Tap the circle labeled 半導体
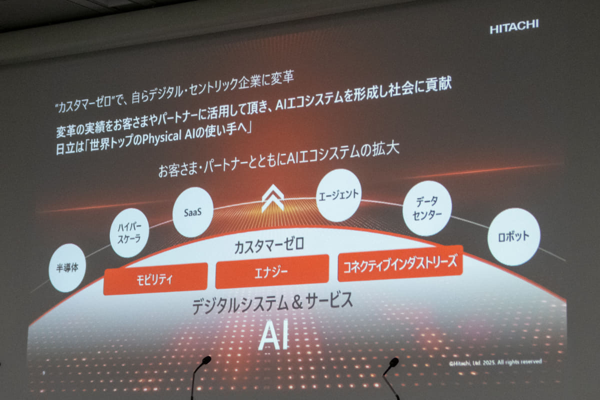coord(67,267)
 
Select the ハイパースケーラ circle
coord(129,233)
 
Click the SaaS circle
coord(193,212)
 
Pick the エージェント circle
coord(338,195)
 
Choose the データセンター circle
coord(427,208)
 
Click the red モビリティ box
coord(155,279)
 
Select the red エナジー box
coord(272,271)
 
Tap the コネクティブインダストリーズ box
coord(400,263)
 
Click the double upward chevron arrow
coord(272,198)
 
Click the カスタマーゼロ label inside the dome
coord(269,246)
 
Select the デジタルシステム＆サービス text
coord(272,302)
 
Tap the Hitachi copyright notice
coord(495,362)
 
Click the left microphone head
coord(206,360)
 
